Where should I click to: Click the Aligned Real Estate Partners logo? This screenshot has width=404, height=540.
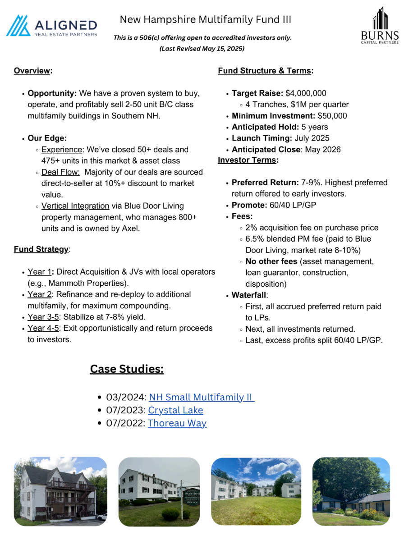pos(51,26)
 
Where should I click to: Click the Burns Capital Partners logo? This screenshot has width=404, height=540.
pos(380,26)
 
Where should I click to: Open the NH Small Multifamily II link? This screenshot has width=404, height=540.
pos(202,397)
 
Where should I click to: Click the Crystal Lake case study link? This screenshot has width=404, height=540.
pos(175,410)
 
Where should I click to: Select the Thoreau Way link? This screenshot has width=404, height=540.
pos(177,423)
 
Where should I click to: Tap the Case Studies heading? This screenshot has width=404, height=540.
pos(127,369)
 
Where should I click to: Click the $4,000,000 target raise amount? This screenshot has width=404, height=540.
pos(306,93)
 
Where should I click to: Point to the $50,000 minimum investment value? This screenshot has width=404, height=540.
pos(332,116)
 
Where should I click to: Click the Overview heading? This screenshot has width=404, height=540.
pos(32,71)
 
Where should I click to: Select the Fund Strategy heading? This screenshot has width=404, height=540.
pos(41,249)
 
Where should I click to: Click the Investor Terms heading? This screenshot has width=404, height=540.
pos(248,160)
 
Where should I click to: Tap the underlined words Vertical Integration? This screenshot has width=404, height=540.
pos(75,206)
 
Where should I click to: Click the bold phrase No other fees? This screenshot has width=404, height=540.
pos(271,261)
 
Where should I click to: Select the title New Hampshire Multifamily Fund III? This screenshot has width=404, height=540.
pos(205,20)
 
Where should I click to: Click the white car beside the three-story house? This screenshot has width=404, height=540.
pos(102,517)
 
